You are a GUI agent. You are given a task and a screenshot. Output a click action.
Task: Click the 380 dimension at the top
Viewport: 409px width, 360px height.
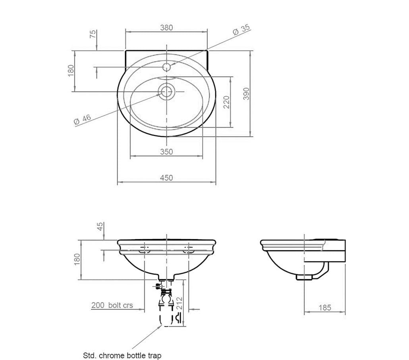pyautogui.click(x=166, y=27)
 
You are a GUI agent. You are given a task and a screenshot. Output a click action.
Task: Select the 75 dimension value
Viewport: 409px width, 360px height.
pyautogui.click(x=93, y=34)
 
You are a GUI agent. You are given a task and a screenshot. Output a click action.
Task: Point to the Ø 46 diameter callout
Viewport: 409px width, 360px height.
pyautogui.click(x=83, y=120)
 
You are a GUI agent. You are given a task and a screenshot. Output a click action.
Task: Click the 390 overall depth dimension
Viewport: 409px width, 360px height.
pyautogui.click(x=246, y=93)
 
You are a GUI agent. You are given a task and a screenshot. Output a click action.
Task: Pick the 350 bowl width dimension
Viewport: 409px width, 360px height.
pyautogui.click(x=166, y=151)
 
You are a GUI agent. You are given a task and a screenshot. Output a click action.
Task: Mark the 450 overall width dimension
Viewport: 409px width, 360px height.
pyautogui.click(x=166, y=178)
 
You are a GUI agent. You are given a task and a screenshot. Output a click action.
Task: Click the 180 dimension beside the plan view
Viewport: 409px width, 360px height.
pyautogui.click(x=71, y=71)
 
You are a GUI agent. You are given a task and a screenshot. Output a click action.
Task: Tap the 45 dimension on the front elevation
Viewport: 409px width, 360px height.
pyautogui.click(x=100, y=226)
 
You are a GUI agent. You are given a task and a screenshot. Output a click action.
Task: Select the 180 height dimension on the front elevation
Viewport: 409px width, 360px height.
pyautogui.click(x=77, y=259)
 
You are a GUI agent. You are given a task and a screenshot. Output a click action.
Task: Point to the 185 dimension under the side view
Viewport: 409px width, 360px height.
pyautogui.click(x=324, y=308)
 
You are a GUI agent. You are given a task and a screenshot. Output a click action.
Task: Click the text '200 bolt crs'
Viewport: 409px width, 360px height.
pyautogui.click(x=112, y=305)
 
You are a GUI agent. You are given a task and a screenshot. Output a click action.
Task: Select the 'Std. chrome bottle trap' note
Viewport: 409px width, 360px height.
pyautogui.click(x=122, y=355)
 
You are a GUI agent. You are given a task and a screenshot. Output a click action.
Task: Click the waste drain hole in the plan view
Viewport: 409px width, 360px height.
pyautogui.click(x=166, y=91)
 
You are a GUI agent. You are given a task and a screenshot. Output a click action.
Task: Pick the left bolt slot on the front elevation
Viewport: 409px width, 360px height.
pyautogui.click(x=144, y=250)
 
